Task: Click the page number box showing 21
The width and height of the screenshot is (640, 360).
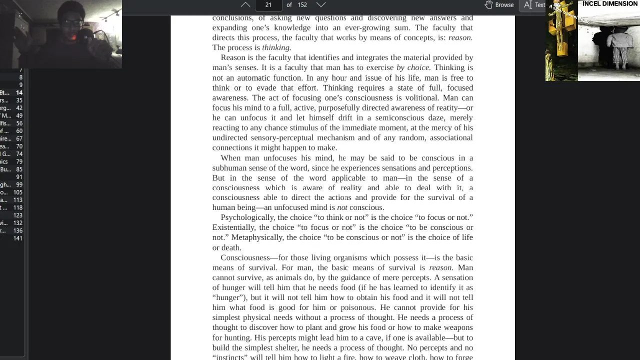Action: (268, 5)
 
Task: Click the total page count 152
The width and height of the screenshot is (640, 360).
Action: (302, 5)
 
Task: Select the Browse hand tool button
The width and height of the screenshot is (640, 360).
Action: (499, 5)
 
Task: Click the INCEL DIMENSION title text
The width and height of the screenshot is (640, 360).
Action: (609, 4)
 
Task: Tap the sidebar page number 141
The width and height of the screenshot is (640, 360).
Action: (18, 238)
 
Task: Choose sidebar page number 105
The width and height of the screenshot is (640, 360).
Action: (18, 192)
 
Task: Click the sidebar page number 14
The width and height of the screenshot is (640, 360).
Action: (19, 92)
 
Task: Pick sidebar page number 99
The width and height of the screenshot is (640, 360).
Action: (19, 185)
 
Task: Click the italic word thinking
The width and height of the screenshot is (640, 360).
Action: (276, 47)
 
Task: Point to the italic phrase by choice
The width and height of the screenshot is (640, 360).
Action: (413, 67)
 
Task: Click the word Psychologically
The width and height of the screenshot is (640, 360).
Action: (247, 217)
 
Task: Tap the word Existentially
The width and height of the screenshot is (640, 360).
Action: (235, 227)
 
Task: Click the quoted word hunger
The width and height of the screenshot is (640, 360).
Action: (229, 297)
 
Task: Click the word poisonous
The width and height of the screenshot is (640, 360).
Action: (357, 307)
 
